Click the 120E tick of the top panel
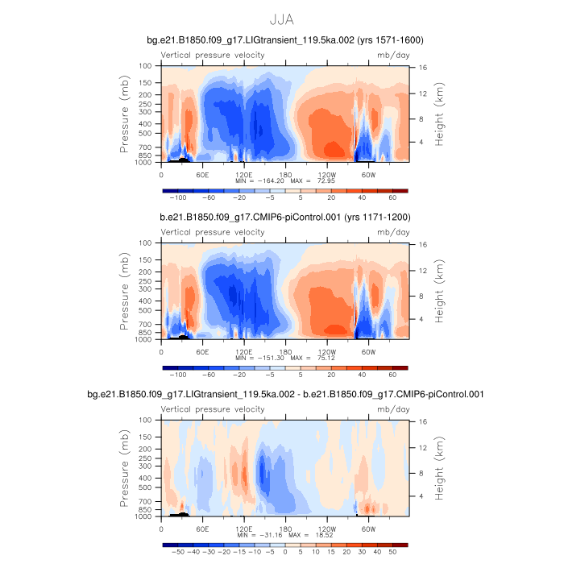click(244, 173)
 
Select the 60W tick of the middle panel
click(367, 350)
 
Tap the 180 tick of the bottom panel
click(285, 528)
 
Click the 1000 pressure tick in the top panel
click(145, 162)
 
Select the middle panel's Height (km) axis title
click(440, 291)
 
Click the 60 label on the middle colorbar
click(392, 375)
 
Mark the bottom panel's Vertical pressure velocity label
click(213, 409)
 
